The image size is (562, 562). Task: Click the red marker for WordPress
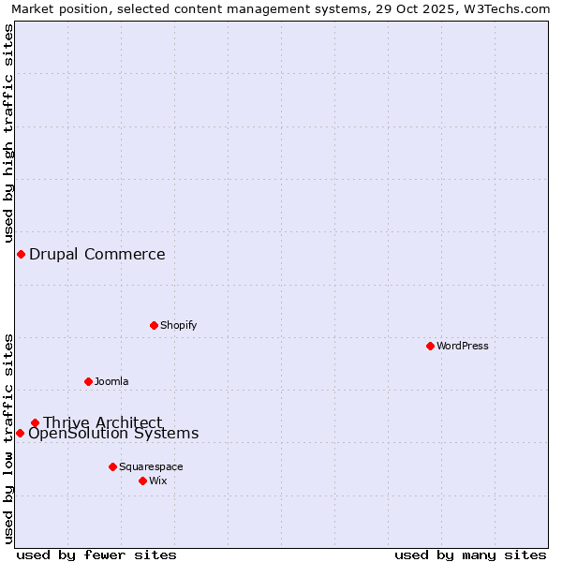[430, 346]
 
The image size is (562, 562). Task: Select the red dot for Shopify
[154, 325]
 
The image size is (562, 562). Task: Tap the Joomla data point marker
[88, 381]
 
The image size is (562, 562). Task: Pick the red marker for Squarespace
[112, 466]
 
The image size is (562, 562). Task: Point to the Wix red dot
[142, 481]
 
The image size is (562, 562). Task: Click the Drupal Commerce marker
[21, 254]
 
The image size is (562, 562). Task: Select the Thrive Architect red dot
[35, 422]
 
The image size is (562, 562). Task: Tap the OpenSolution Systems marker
[20, 433]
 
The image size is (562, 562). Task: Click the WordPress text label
[463, 346]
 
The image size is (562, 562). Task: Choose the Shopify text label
[178, 325]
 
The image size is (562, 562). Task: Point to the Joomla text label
[111, 381]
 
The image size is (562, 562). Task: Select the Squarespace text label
[151, 466]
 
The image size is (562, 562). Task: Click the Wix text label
[157, 481]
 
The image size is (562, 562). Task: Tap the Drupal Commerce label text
[97, 254]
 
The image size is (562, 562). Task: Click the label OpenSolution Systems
[113, 434]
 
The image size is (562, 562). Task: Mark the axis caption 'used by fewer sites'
[96, 555]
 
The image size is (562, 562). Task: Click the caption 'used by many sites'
[470, 555]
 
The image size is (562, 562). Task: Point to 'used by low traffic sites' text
[9, 437]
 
